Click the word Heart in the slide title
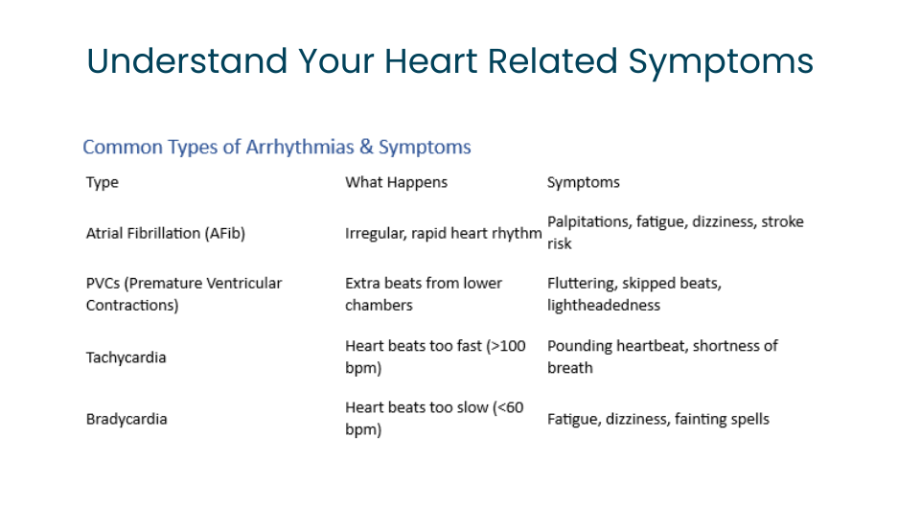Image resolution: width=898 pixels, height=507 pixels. pos(430,60)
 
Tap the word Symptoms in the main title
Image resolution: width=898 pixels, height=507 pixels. pos(721,63)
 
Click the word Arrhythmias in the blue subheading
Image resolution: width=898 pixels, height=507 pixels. pos(300,148)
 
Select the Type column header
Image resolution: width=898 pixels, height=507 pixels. pos(103,183)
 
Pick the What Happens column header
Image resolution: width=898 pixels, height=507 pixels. pos(397,183)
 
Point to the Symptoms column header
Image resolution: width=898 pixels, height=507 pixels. pos(583,183)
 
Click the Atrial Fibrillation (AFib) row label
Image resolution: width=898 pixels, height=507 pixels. pos(166,234)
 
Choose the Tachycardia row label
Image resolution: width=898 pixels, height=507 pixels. pos(126,357)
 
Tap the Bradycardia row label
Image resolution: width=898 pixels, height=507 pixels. pos(127,419)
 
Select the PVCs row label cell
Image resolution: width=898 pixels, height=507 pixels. pos(184,294)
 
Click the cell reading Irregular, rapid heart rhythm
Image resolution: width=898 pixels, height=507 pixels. pos(444,234)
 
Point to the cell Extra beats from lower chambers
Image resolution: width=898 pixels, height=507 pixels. pos(424,294)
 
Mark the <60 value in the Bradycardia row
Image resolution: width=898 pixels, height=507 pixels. pos(508,407)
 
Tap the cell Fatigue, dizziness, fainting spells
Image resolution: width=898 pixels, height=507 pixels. pos(658,420)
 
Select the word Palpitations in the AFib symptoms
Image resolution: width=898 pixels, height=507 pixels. pos(589,222)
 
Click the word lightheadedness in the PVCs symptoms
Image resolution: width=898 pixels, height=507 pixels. pos(604,306)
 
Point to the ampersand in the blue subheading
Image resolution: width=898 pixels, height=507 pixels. pos(366,148)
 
